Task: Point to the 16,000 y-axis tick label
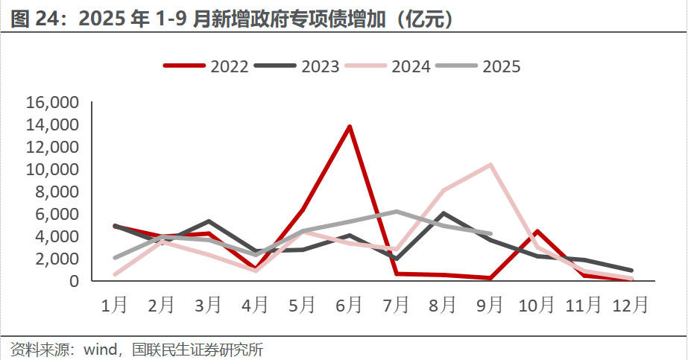(x=52, y=103)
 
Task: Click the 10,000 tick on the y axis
(x=52, y=170)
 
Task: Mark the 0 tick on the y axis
(x=74, y=281)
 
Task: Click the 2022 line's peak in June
(x=350, y=127)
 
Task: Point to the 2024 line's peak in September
(x=490, y=165)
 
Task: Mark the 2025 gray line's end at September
(x=490, y=233)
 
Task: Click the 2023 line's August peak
(x=444, y=214)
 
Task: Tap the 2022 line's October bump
(x=537, y=231)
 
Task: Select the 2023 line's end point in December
(x=631, y=271)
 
